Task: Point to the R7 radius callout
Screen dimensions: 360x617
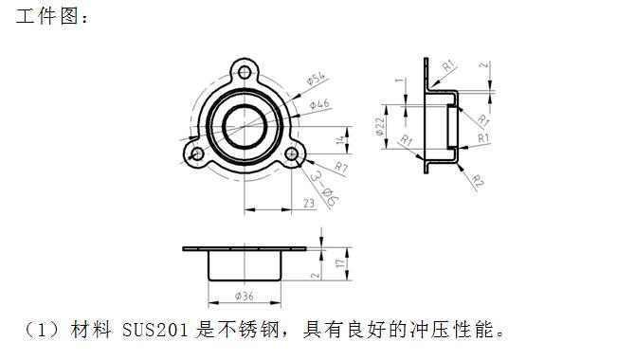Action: (x=340, y=169)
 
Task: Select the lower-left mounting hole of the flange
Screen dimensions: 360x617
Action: (x=197, y=153)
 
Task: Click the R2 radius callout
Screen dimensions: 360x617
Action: (x=478, y=181)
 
